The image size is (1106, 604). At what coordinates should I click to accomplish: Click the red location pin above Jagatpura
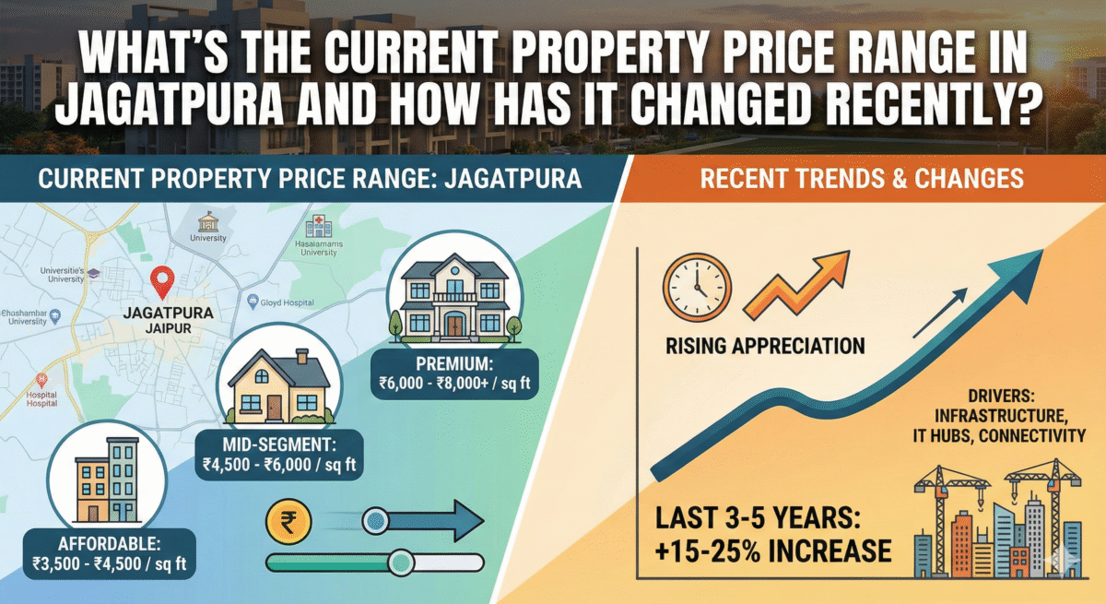[163, 279]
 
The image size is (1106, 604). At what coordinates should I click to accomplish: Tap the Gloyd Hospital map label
[288, 302]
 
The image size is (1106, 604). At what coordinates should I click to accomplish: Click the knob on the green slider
[401, 562]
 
